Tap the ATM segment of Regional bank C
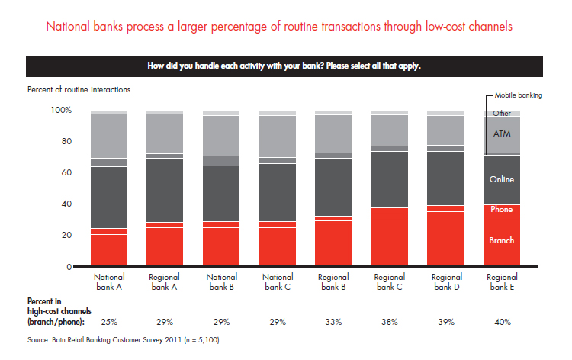tap(390, 130)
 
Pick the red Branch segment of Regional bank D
tap(446, 239)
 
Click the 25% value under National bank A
tap(109, 322)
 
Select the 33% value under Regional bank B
tap(334, 322)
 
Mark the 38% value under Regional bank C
tap(390, 322)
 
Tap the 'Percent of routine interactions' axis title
tap(79, 89)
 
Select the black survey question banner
tap(285, 66)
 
